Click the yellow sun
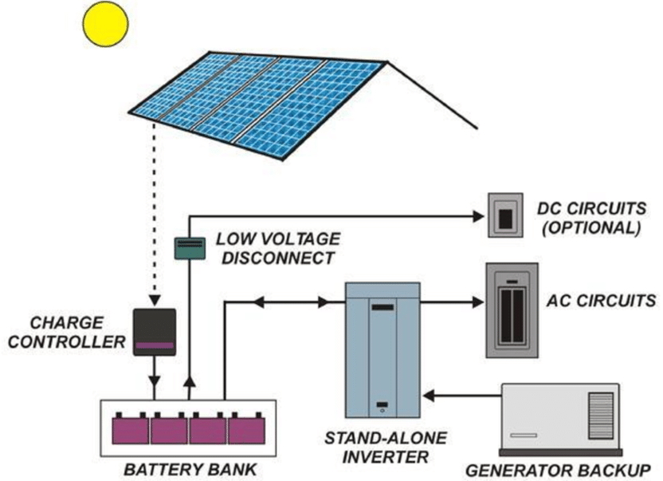click(105, 24)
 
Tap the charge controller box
click(155, 332)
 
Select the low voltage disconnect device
click(190, 248)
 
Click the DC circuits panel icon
click(505, 215)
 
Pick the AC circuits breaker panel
click(512, 310)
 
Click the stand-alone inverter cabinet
click(382, 351)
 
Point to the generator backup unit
click(560, 420)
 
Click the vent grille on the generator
click(601, 416)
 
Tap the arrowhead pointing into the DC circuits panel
click(478, 217)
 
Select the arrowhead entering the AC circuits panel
click(478, 302)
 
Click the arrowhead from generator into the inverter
click(429, 396)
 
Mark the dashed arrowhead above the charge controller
click(155, 301)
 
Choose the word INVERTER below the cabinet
click(385, 457)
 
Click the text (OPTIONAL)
click(591, 228)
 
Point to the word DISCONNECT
click(278, 258)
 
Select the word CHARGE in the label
click(67, 323)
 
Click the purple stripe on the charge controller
click(155, 345)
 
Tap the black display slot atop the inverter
click(382, 307)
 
